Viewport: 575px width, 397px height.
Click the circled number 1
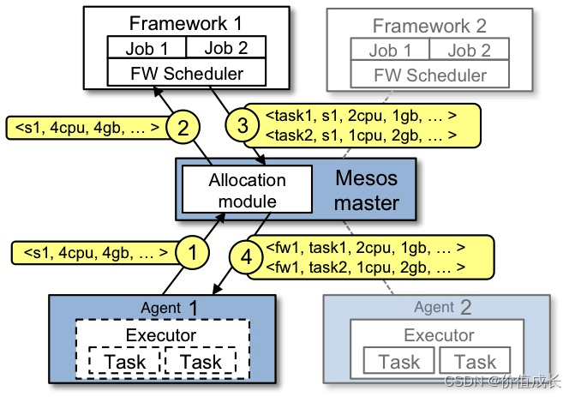(193, 253)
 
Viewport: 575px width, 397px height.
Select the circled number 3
(243, 126)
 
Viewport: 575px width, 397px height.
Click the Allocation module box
(247, 190)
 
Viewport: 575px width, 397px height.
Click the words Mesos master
(366, 191)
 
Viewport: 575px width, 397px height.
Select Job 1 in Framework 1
(146, 49)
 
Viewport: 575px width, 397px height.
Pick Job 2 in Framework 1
(225, 49)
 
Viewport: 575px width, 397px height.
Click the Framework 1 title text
(186, 23)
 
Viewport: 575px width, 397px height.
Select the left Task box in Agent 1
(125, 362)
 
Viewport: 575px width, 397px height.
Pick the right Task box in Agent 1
(201, 362)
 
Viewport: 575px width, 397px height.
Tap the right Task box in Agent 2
(475, 362)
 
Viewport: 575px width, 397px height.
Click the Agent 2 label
(443, 307)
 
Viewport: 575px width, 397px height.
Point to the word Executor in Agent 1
(161, 334)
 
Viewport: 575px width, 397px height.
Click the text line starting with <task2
(360, 135)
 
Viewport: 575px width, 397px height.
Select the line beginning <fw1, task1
(365, 249)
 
